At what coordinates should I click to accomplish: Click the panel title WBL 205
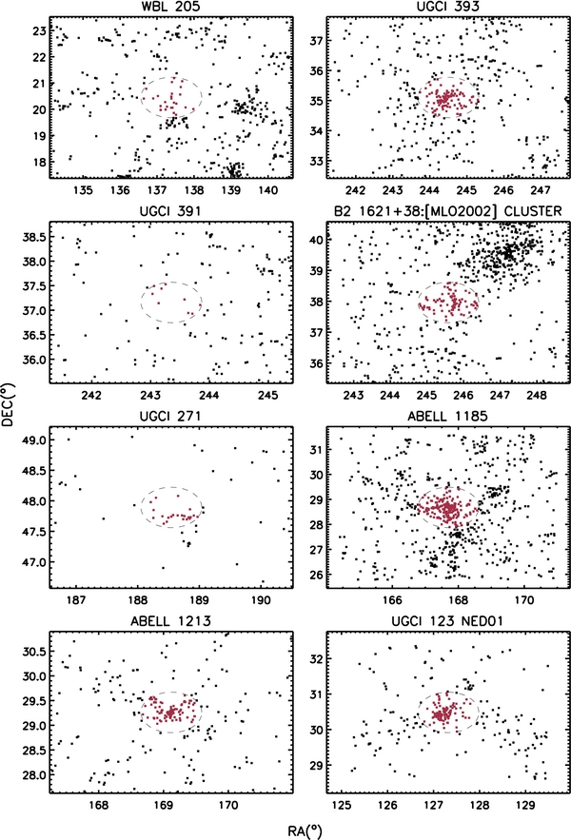coord(170,7)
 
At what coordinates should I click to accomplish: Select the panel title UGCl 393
coord(447,7)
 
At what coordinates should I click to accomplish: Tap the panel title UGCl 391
coord(170,211)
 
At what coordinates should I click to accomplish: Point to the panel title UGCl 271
coord(170,417)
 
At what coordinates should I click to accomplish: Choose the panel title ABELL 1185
coord(447,417)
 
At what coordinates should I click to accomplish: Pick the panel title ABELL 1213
coord(170,621)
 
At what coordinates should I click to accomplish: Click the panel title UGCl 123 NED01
coord(447,621)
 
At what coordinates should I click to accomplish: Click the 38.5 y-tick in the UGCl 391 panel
coord(35,237)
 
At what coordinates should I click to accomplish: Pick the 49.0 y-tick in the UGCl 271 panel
coord(35,440)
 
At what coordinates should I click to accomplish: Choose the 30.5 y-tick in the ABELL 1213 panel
coord(35,652)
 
